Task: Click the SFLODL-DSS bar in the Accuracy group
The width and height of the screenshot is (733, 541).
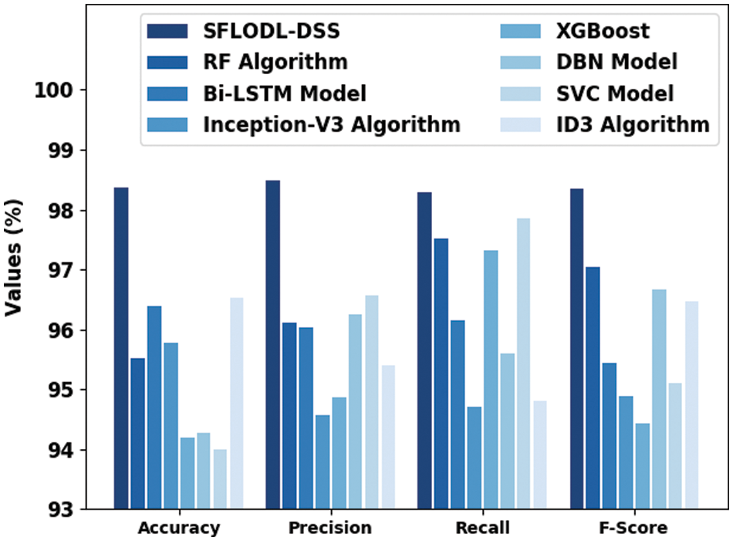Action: [x=121, y=348]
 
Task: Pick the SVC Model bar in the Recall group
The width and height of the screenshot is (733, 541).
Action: [x=523, y=363]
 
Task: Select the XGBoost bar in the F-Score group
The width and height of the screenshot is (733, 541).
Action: [x=642, y=466]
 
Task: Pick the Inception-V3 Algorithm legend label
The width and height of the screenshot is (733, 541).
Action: [x=332, y=123]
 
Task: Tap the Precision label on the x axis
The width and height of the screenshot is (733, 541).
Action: [x=329, y=529]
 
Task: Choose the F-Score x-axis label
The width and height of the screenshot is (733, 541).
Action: [x=635, y=529]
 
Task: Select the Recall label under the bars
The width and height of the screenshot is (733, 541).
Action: [x=482, y=529]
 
